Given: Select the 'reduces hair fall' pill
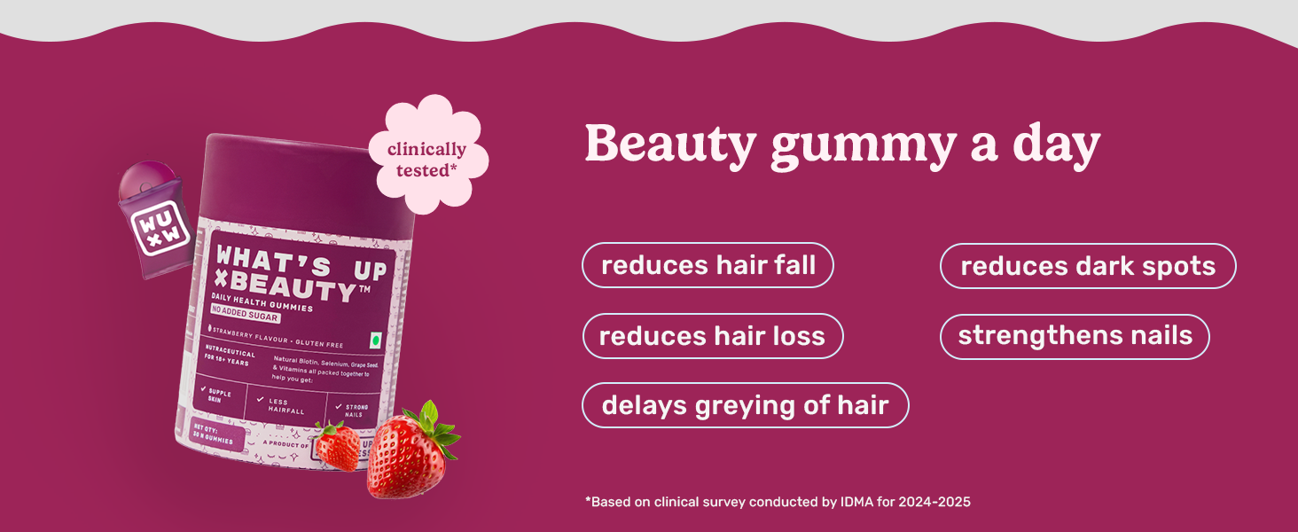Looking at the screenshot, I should click(x=708, y=265).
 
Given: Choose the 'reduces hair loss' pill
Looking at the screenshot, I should click(x=712, y=336).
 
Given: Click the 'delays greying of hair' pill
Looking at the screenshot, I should click(x=745, y=405).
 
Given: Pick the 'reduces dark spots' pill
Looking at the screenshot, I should click(x=1087, y=266).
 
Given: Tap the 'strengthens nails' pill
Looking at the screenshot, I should click(x=1075, y=336).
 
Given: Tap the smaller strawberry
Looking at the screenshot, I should click(x=338, y=445).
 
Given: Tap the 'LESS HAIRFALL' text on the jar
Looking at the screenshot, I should click(x=285, y=405).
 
